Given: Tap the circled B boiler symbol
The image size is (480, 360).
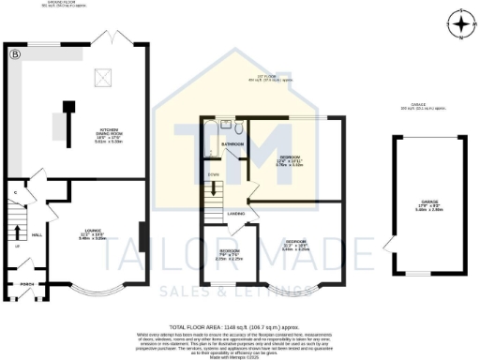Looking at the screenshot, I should point(14,54).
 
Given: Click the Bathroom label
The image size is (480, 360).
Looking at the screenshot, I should point(232,144).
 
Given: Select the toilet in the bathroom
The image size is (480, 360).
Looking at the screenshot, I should point(240,128).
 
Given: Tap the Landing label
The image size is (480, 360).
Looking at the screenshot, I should point(236,213).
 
